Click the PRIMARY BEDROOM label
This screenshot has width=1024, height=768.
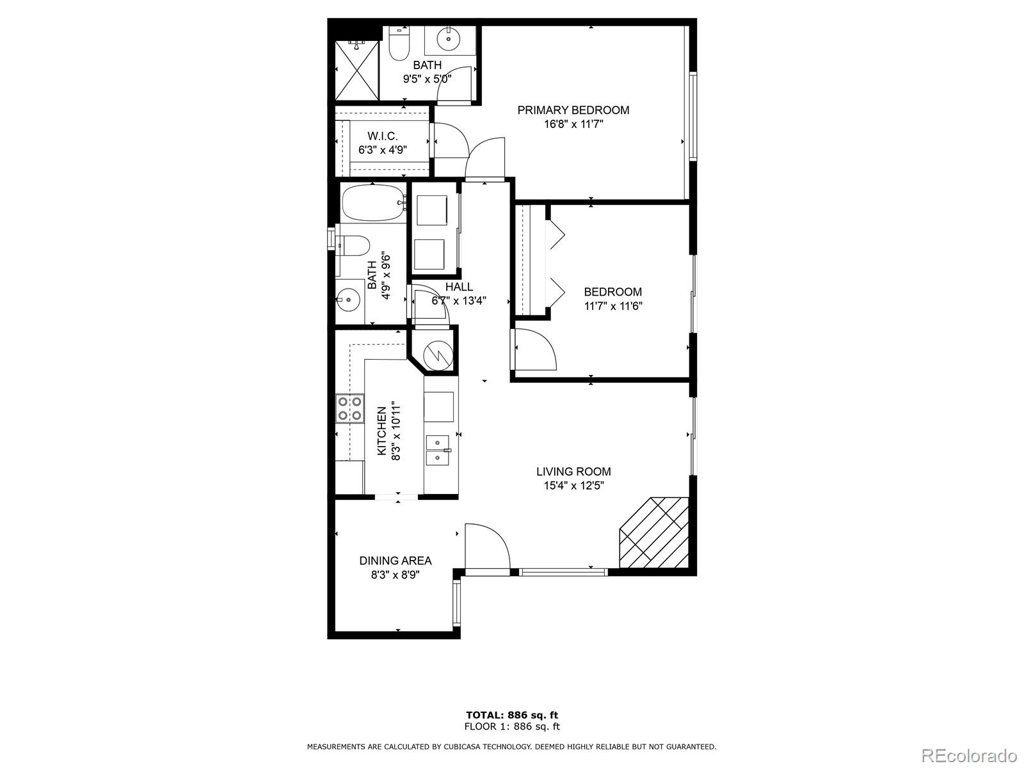click(x=573, y=110)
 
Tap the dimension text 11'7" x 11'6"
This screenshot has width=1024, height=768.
click(x=612, y=306)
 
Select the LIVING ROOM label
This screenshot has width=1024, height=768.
click(x=573, y=472)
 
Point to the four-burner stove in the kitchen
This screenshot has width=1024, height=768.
click(x=349, y=409)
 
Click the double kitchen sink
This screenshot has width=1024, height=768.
click(x=438, y=450)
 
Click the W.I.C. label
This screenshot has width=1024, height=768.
click(x=383, y=136)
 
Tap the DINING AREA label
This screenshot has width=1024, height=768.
click(x=395, y=561)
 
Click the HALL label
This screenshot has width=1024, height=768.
click(x=459, y=287)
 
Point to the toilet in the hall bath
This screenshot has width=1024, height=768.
click(x=353, y=245)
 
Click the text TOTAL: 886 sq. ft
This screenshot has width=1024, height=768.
click(x=512, y=715)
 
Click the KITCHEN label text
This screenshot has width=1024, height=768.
click(x=381, y=431)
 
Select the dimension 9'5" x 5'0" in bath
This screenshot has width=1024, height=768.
click(x=427, y=79)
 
